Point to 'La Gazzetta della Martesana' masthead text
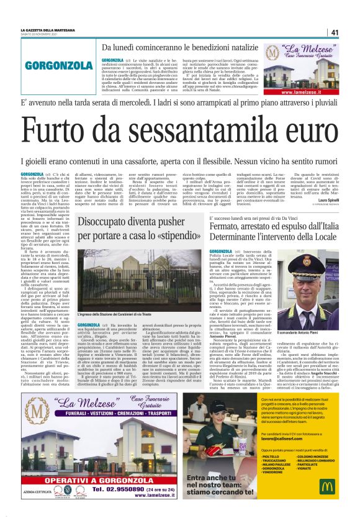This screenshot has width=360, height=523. click(47, 28)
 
